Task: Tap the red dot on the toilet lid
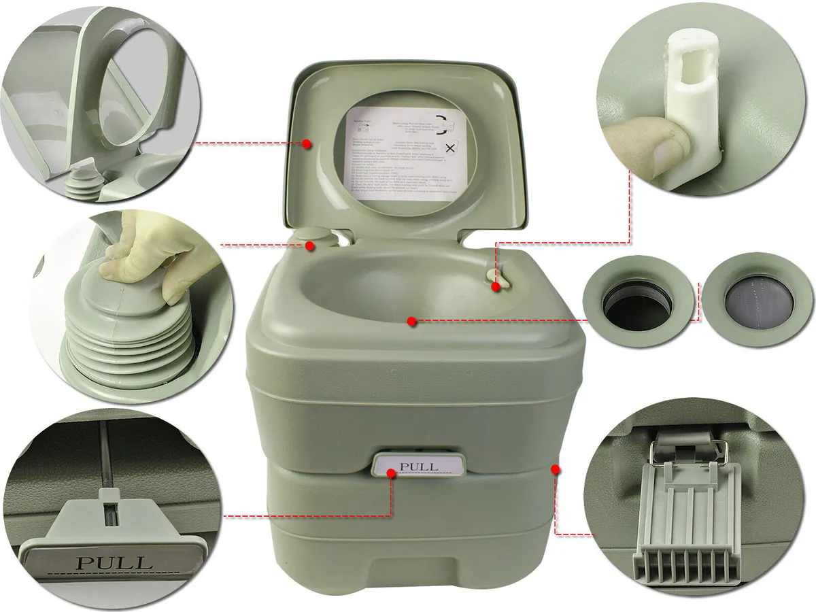(307, 144)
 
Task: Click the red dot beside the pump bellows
(310, 245)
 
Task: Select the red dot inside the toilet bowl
(411, 321)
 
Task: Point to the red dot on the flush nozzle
(496, 287)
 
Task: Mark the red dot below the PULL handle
(390, 475)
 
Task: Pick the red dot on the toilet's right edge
(556, 469)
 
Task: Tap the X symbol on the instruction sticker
(449, 149)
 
